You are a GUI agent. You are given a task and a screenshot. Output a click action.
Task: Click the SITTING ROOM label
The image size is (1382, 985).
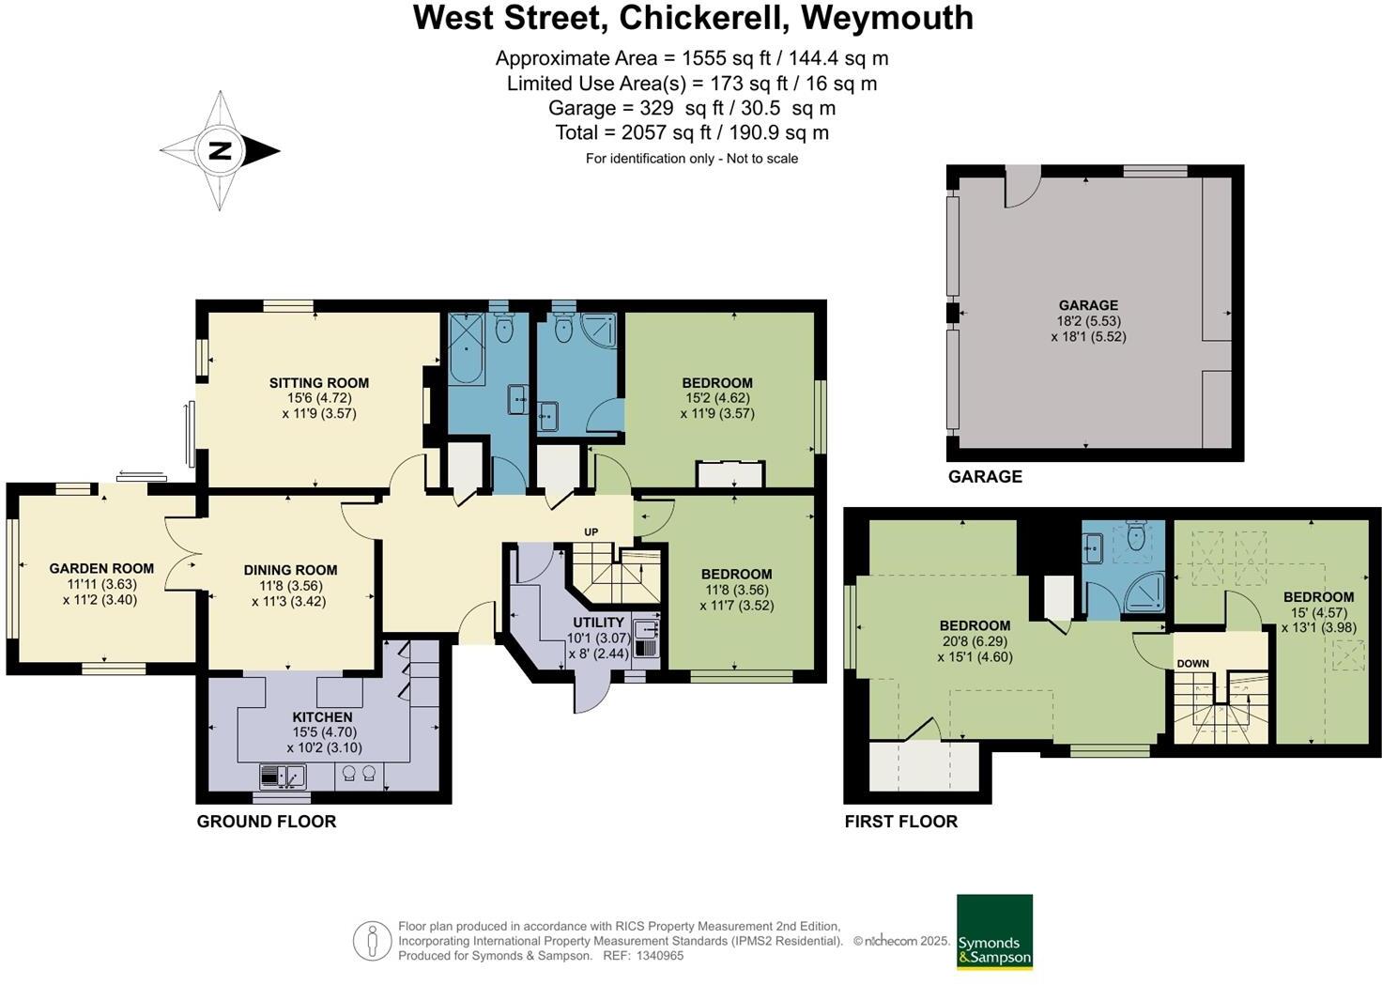point(318,383)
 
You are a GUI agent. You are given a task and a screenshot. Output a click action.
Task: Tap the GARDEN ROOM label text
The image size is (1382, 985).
point(101,568)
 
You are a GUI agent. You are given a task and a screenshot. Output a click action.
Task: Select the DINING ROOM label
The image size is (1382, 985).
point(290,570)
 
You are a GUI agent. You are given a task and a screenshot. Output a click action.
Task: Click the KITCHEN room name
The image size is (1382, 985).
point(322,717)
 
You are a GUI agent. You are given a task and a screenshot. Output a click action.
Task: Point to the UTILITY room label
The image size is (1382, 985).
point(598,623)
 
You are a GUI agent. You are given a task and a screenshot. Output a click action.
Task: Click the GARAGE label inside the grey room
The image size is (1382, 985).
point(1088,305)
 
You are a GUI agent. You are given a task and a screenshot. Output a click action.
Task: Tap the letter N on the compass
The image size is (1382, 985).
point(220,150)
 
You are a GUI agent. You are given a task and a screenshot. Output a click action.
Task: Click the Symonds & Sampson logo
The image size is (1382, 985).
point(994,931)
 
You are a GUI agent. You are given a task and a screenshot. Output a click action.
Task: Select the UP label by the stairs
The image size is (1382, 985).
point(591,532)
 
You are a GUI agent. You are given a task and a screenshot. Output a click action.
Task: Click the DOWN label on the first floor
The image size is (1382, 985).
point(1192,664)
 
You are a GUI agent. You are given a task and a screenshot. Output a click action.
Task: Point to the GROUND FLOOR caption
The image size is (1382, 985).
point(266,822)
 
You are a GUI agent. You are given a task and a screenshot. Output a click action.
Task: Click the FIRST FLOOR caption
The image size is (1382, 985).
point(900,822)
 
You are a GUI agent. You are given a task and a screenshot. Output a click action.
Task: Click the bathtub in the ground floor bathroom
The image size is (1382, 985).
point(466,348)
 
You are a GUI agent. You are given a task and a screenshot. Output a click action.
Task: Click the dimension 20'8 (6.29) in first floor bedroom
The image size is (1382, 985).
point(975,642)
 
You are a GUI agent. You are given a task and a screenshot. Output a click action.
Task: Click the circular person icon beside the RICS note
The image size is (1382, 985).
point(372,940)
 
